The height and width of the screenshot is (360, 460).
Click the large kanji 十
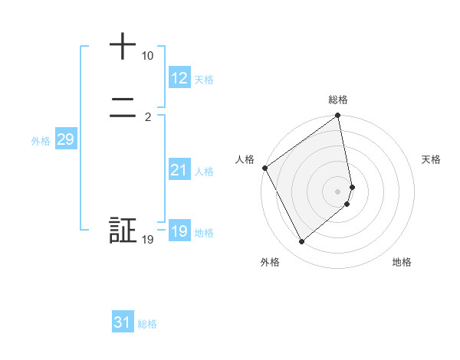click(123, 47)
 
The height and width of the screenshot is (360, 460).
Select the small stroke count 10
click(147, 57)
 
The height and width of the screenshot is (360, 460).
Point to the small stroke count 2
click(147, 117)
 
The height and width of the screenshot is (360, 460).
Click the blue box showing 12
click(179, 78)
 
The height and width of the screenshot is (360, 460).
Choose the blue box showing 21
click(179, 170)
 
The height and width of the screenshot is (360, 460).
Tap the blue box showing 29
click(65, 139)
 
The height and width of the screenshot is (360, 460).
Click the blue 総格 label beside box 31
click(147, 324)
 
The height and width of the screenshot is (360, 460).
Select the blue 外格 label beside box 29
click(41, 141)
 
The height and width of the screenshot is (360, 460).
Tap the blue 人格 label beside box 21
click(204, 172)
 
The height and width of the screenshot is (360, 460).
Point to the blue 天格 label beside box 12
click(204, 80)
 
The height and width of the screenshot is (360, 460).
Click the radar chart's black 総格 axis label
click(338, 100)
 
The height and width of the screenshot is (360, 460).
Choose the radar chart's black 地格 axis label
click(402, 262)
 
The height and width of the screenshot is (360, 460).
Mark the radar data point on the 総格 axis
click(338, 116)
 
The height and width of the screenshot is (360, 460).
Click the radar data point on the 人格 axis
click(264, 168)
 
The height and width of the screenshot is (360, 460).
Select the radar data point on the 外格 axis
click(301, 242)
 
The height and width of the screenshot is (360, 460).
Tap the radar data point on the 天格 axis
click(353, 186)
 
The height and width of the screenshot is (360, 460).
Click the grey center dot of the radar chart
click(338, 191)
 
